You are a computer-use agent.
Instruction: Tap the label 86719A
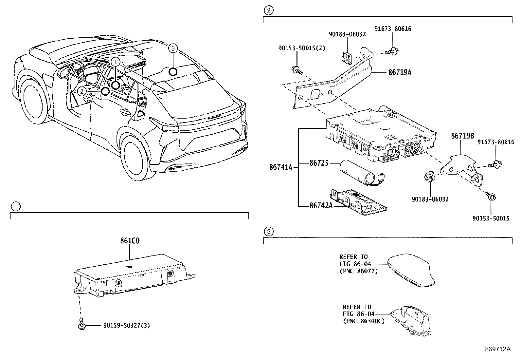[400, 73]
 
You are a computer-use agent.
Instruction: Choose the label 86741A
[280, 167]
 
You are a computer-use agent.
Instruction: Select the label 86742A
[321, 205]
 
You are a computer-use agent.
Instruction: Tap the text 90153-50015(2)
[302, 48]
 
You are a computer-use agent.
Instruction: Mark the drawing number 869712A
[497, 349]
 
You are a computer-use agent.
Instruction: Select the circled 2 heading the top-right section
[268, 11]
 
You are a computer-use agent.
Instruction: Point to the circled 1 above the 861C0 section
[15, 206]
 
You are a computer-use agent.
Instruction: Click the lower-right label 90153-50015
[491, 218]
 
